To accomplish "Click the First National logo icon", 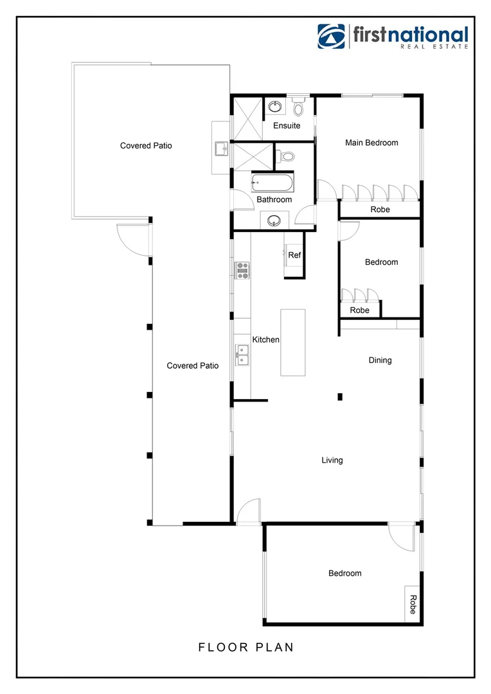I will pos(332,37).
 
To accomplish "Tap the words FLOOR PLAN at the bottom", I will pos(246,647).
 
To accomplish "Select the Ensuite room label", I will pos(287,125).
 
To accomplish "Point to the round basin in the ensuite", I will pos(277,105).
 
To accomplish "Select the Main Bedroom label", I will pos(371,143).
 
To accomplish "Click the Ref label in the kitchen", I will pos(294,255).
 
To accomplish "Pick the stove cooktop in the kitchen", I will pos(242,271).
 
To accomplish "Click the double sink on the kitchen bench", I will pos(242,355).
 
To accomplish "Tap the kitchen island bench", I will pos(292,343).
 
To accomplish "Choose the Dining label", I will pos(380,360).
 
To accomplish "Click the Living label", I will pos(332,460).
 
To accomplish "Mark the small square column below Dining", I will pos(341,396).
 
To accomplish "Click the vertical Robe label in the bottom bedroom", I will pos(412,604).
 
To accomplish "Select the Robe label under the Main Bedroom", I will pos(380,209).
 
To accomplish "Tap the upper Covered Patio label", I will pos(146,146).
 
